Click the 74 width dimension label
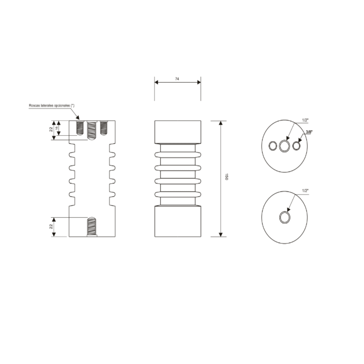pos(177,79)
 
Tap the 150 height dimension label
pos(226,176)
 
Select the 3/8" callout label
pos(309,132)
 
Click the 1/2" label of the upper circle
pos(305,120)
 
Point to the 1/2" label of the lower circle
pos(305,190)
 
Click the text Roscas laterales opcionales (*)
pos(52,105)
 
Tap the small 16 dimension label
pos(57,128)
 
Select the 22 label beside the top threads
pos(51,129)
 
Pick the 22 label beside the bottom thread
pos(51,226)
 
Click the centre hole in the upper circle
pos(284,146)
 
